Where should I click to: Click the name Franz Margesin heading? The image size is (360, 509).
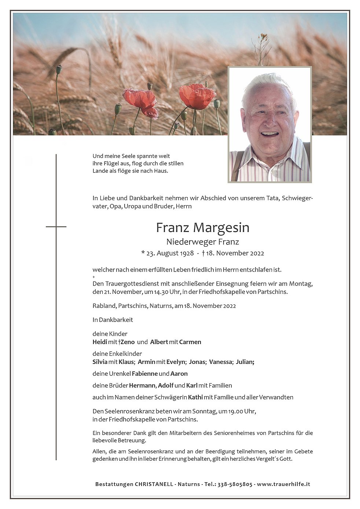coord(202,228)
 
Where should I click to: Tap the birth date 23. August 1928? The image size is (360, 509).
coord(170,253)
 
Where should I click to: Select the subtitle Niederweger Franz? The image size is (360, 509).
coord(202,242)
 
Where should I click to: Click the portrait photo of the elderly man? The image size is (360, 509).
coord(269,125)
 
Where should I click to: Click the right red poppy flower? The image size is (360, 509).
coord(197,96)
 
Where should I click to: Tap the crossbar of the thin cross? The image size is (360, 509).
coord(56,227)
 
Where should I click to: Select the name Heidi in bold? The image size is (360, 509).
coord(100,342)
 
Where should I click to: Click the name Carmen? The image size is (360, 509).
coord(190,342)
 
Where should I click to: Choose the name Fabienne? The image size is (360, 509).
coord(145,374)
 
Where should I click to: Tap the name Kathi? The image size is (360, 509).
coord(195,397)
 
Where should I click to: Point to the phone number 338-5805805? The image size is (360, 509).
coord(235,484)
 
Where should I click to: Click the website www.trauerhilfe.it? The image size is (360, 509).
coord(283,484)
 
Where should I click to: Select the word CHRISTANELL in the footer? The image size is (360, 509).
coord(154,484)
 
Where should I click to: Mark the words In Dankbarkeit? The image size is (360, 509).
coord(113,320)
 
